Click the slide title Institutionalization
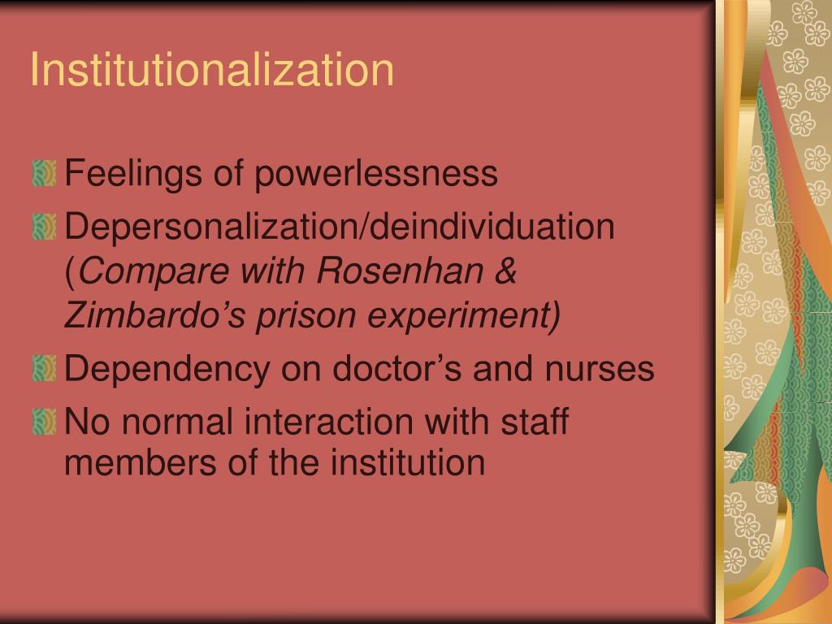[x=212, y=70]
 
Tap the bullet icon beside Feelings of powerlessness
[x=45, y=174]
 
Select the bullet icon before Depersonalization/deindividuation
[x=45, y=227]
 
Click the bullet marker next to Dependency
[x=45, y=370]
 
